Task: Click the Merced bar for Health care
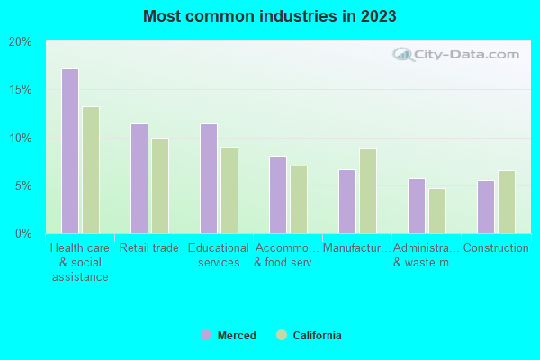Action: click(70, 151)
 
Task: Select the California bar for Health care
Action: click(91, 170)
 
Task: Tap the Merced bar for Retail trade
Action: click(139, 178)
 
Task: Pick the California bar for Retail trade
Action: click(160, 185)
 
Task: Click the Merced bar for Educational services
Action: click(209, 178)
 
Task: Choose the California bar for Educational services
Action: click(229, 190)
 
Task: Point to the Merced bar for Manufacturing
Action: click(347, 202)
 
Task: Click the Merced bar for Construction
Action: click(486, 207)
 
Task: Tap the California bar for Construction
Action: click(507, 202)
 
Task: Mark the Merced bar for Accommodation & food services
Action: click(278, 194)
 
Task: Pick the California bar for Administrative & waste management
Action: click(437, 211)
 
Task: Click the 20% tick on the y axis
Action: click(21, 41)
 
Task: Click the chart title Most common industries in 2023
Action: click(270, 16)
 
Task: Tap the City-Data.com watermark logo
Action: click(458, 54)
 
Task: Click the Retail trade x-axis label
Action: click(149, 248)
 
